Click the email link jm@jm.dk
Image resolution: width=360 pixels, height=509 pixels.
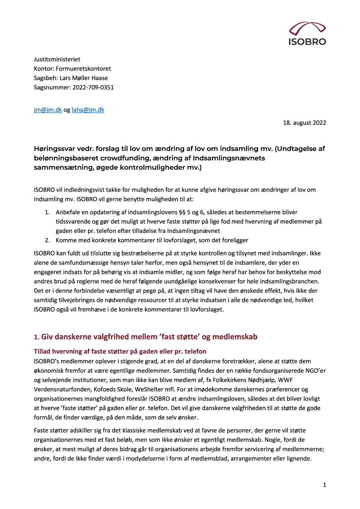pyautogui.click(x=48, y=110)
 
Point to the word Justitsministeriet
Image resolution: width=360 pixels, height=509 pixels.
pyautogui.click(x=57, y=59)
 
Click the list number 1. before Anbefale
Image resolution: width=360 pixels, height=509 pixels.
pyautogui.click(x=48, y=212)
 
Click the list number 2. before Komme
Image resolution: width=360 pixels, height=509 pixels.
pyautogui.click(x=48, y=240)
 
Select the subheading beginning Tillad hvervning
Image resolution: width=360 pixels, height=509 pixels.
pyautogui.click(x=120, y=351)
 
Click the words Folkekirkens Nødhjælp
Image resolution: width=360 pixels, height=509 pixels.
pyautogui.click(x=246, y=380)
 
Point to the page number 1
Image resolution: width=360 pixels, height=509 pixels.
pyautogui.click(x=324, y=485)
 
